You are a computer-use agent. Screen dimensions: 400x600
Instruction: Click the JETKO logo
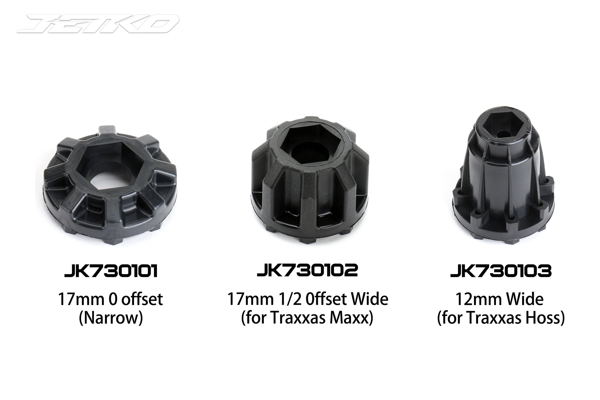pos(98,24)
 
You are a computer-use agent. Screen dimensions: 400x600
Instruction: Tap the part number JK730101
pos(111,271)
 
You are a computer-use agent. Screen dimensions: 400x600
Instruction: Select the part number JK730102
pos(307,271)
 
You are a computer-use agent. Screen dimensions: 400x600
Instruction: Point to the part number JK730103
pos(501,271)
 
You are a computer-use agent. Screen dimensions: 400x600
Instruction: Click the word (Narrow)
pos(111,318)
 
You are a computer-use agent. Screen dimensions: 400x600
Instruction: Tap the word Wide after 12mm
pos(525,299)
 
